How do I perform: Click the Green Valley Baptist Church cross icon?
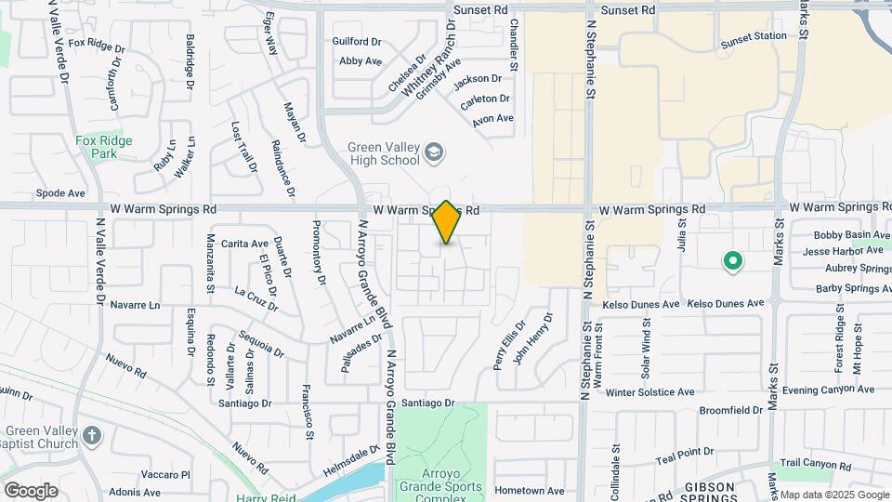91,435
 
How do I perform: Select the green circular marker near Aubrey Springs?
732,262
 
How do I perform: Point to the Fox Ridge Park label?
104,147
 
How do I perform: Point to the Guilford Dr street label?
357,42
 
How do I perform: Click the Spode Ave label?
60,194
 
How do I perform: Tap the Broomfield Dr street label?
731,410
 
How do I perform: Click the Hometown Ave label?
530,491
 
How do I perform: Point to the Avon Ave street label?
492,119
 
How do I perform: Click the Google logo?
31,491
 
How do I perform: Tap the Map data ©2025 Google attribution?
833,495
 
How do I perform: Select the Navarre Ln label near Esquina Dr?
135,305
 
